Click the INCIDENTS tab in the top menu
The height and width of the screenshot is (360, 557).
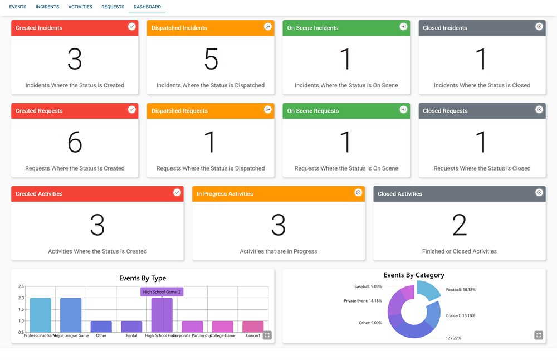click(47, 7)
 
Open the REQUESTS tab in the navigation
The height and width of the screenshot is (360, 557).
click(113, 7)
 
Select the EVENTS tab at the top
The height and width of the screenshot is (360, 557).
click(18, 7)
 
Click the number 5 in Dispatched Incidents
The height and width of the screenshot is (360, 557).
click(211, 59)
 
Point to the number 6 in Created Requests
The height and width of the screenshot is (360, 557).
click(75, 142)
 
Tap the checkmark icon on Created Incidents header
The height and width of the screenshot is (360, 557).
click(132, 27)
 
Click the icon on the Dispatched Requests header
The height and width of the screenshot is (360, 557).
click(268, 110)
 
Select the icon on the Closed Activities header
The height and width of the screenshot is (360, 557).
click(539, 193)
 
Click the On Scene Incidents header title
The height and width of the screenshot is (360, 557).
click(312, 28)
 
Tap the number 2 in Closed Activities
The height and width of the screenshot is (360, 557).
click(459, 225)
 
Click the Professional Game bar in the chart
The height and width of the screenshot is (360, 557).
click(40, 315)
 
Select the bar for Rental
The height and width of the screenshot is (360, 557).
click(131, 327)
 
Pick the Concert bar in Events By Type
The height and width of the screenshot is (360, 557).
click(253, 327)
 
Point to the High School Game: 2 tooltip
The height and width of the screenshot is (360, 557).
click(162, 292)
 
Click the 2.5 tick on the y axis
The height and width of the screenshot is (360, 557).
click(21, 286)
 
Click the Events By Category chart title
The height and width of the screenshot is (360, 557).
click(414, 275)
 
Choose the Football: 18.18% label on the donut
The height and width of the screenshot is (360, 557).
click(461, 290)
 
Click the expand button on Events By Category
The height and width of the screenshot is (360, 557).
click(539, 335)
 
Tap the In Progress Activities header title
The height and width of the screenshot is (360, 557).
click(224, 194)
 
